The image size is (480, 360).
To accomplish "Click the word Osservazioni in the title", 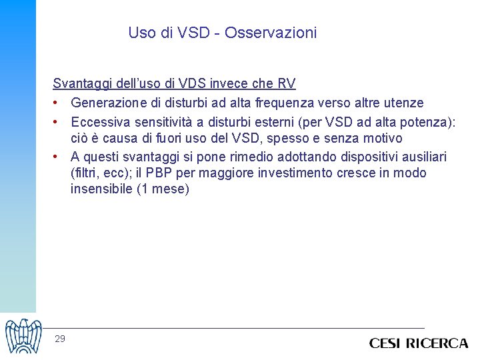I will pyautogui.click(x=271, y=33).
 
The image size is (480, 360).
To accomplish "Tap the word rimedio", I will pyautogui.click(x=244, y=157).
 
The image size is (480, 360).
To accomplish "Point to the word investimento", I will pyautogui.click(x=281, y=173).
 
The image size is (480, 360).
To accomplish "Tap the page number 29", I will pyautogui.click(x=60, y=339).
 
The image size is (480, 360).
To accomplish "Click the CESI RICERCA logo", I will pyautogui.click(x=419, y=343).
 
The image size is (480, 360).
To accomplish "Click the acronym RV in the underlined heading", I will pyautogui.click(x=287, y=84).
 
